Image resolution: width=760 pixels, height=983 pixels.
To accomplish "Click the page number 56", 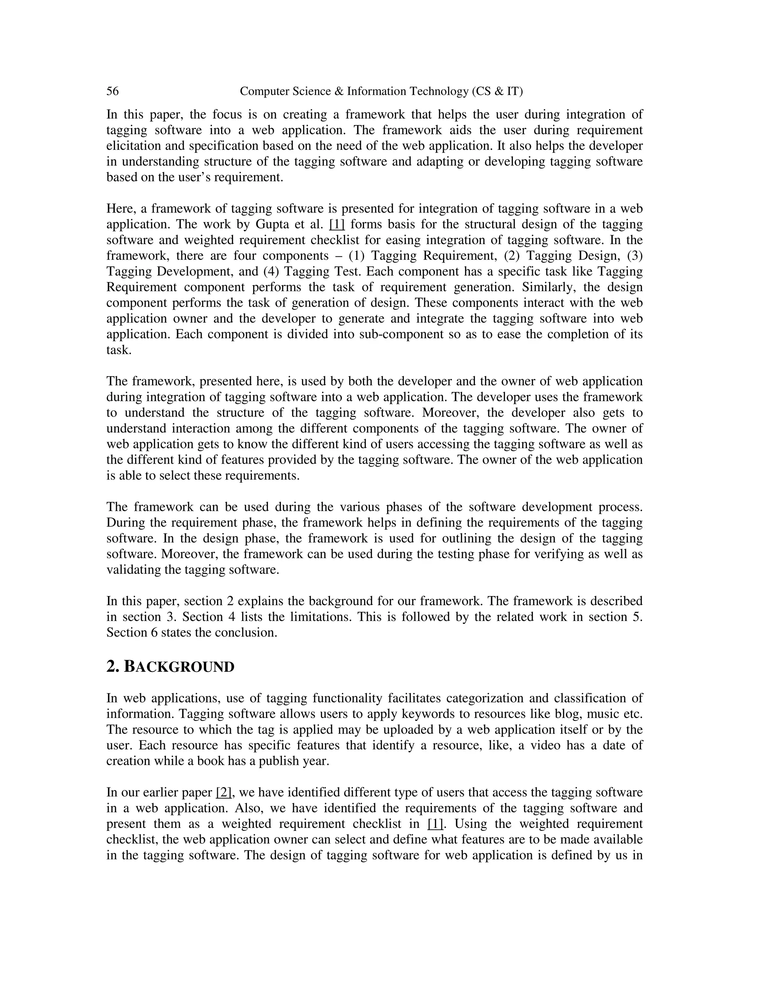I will [112, 91].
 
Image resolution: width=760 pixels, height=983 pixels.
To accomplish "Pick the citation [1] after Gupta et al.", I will [337, 224].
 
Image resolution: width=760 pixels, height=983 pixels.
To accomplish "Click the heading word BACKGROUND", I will [179, 667].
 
